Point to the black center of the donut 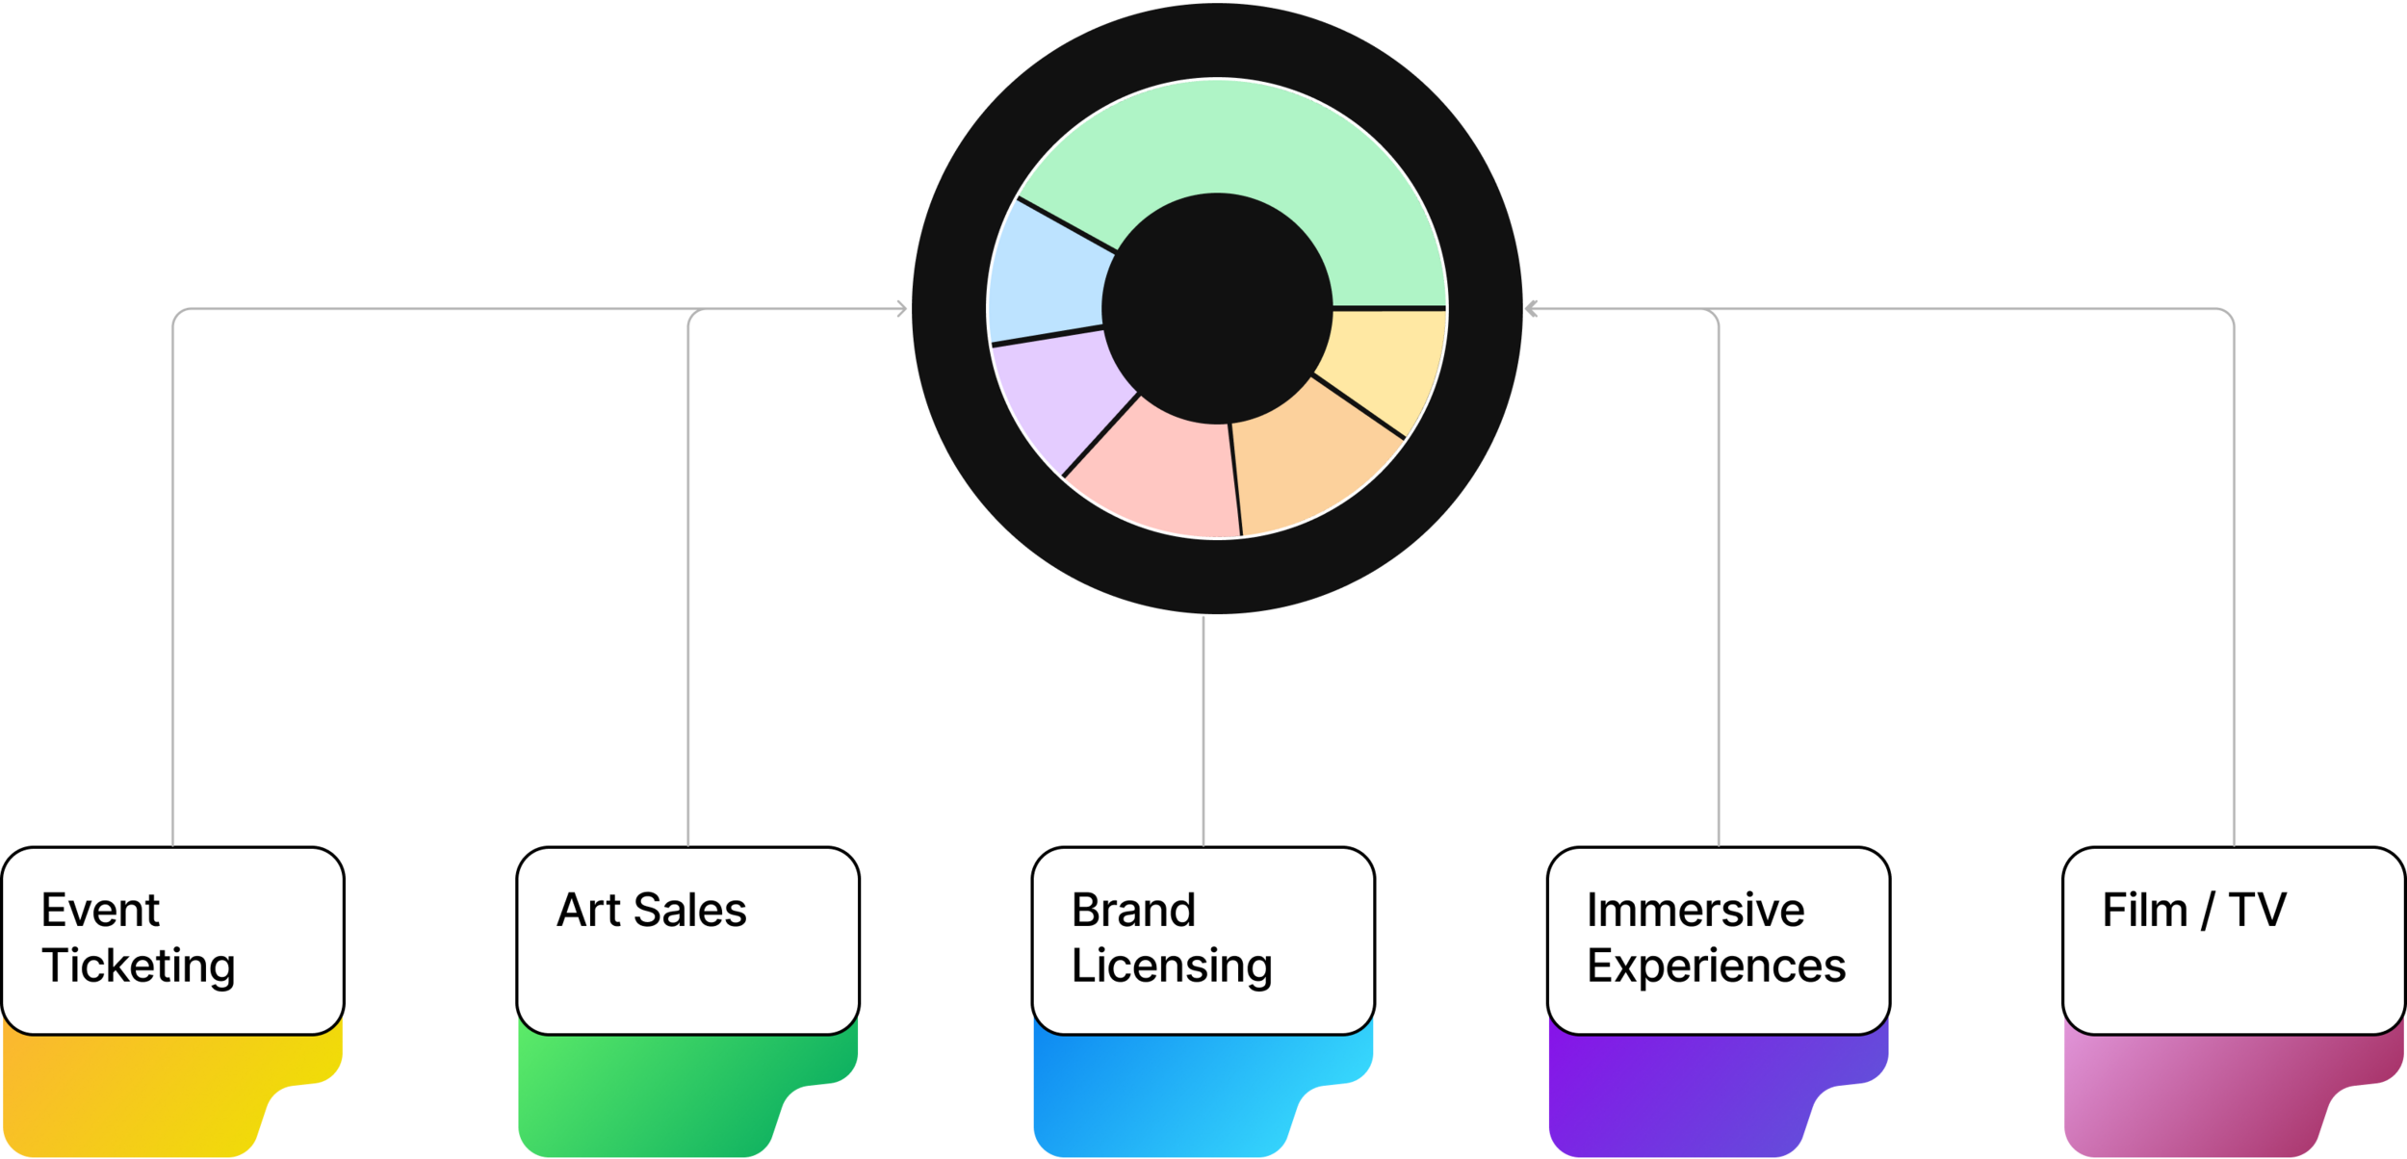1217,308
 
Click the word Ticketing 138,966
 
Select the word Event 100,911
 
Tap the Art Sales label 651,911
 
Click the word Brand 1133,911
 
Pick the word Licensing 1172,966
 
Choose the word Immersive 1695,911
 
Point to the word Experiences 1716,966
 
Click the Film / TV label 2193,911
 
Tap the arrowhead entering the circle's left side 901,309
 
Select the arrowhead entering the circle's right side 1534,309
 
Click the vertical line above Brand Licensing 1203,732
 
